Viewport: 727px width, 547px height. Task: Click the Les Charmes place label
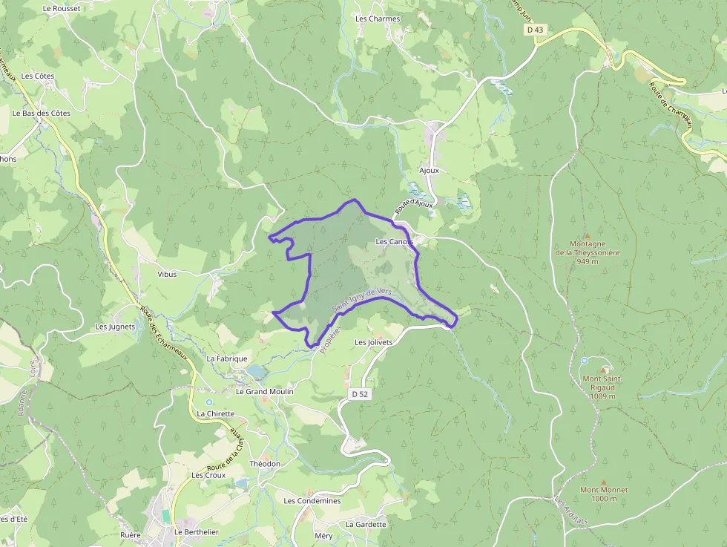pos(378,19)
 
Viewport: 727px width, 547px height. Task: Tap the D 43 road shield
pos(534,30)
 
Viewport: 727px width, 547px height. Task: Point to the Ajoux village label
pos(430,170)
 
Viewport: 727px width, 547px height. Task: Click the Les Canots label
pos(394,242)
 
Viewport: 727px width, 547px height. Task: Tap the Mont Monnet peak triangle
pos(604,481)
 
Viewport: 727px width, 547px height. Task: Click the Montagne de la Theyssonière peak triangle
pos(587,235)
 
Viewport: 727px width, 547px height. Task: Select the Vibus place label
pos(168,274)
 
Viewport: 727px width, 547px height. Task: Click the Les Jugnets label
pos(116,327)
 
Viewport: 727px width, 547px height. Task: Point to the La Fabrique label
pos(227,358)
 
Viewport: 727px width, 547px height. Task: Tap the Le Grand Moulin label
pos(265,391)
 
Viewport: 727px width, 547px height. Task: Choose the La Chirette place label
pos(216,413)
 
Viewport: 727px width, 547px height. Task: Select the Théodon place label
pos(266,464)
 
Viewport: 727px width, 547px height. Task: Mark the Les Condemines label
pos(312,501)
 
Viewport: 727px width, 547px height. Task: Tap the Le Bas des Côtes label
pos(42,113)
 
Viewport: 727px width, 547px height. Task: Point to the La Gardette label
pos(366,524)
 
